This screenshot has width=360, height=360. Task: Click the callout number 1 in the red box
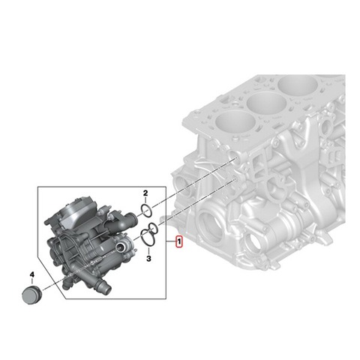179,242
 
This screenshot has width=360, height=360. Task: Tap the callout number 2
145,193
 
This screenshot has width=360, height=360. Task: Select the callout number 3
148,258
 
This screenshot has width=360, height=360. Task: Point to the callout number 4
32,274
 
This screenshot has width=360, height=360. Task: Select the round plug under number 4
31,295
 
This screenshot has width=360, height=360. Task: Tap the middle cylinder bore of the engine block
266,105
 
